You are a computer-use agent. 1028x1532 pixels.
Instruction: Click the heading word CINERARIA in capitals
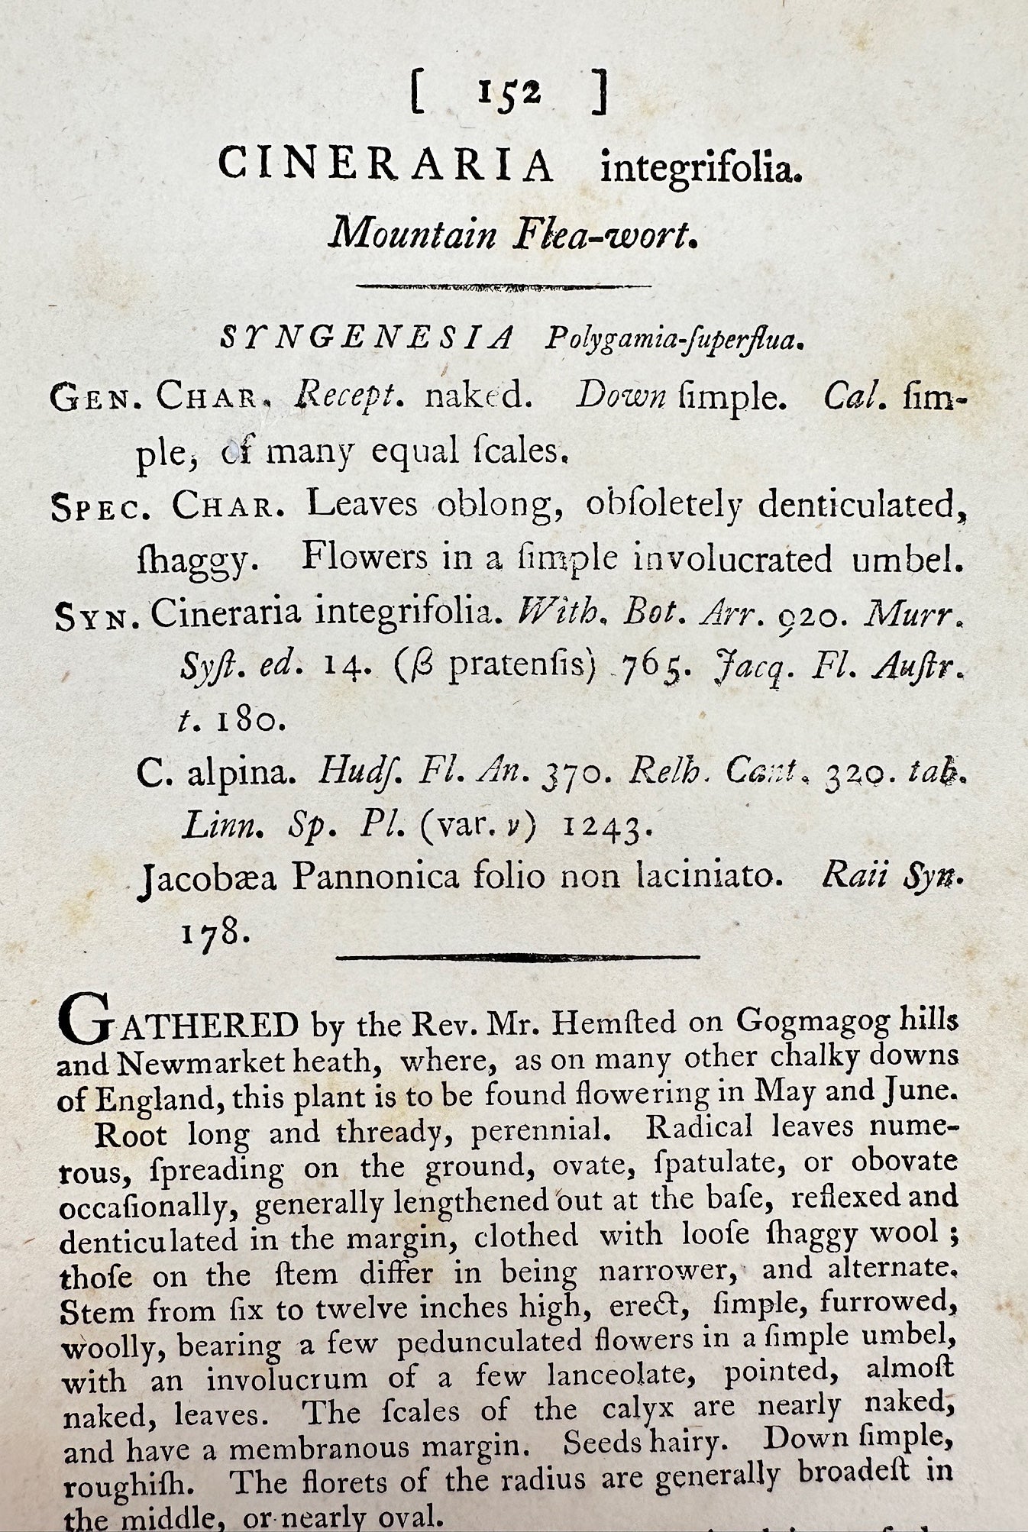point(386,165)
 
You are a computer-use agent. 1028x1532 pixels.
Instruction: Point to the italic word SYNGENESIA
point(367,338)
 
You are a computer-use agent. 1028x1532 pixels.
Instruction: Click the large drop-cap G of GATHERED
point(89,1020)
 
